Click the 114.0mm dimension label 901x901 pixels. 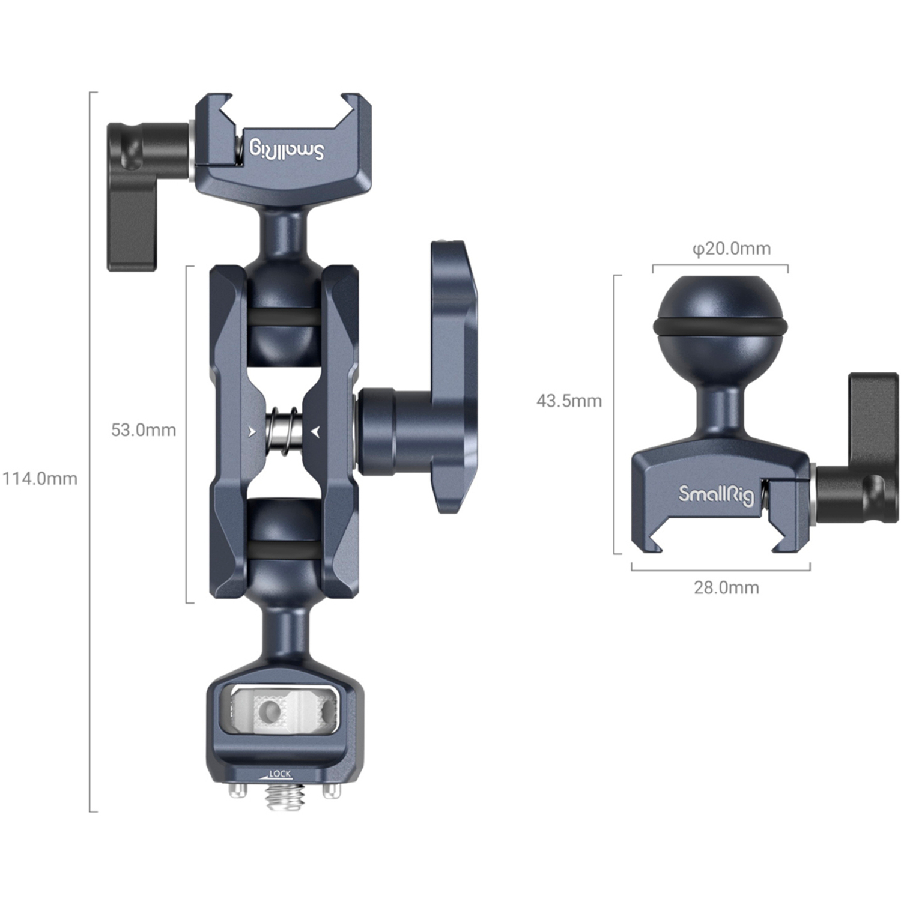click(x=40, y=479)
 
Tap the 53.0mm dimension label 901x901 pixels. click(x=143, y=430)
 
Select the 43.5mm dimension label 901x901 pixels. click(x=568, y=401)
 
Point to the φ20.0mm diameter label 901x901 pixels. click(x=731, y=249)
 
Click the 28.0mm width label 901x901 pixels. click(x=726, y=587)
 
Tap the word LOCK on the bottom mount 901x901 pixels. click(x=280, y=774)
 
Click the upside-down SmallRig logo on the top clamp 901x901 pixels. click(x=287, y=150)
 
